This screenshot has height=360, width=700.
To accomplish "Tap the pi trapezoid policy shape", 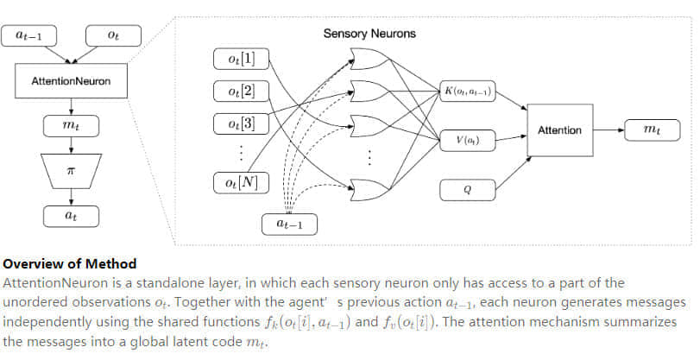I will [x=72, y=172].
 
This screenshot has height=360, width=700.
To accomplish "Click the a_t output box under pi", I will [x=72, y=216].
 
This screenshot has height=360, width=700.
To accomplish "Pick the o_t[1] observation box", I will [x=240, y=59].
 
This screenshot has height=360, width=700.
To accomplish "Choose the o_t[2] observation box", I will [x=240, y=91].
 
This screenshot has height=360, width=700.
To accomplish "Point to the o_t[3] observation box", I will [x=240, y=122].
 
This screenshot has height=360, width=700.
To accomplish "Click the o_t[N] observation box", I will [x=240, y=182].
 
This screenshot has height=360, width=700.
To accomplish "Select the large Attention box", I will [x=560, y=130].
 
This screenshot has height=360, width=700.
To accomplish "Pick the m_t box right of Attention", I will [x=649, y=130].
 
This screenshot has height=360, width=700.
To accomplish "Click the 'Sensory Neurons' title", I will [x=369, y=35].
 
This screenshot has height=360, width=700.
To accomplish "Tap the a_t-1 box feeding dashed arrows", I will [x=289, y=224].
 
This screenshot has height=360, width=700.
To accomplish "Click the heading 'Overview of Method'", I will [x=70, y=264].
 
